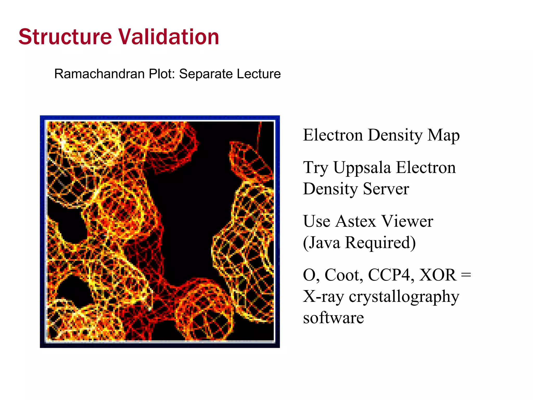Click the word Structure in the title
(x=65, y=37)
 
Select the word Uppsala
(x=362, y=168)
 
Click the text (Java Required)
(x=359, y=243)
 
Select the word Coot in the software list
(x=344, y=275)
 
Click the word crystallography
(x=404, y=297)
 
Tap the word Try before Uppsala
(x=316, y=168)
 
